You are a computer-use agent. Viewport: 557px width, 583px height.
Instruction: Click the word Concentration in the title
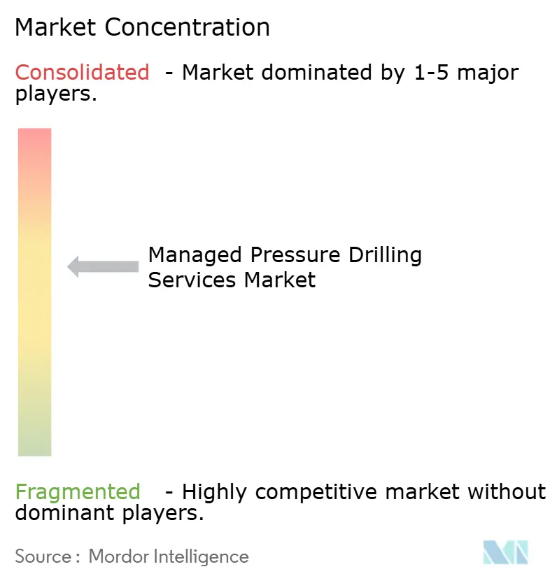coord(189,27)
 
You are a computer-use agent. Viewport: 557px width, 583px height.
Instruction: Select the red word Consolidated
coord(82,72)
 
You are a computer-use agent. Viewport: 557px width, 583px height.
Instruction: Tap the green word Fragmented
coord(78,492)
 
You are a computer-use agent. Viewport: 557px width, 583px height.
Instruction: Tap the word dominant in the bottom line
coord(61,514)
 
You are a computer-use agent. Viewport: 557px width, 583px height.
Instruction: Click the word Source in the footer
coord(43,556)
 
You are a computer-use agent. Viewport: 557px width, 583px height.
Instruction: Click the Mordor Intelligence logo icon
coord(505,552)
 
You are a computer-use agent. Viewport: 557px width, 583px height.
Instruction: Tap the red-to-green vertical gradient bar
coord(34,291)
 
